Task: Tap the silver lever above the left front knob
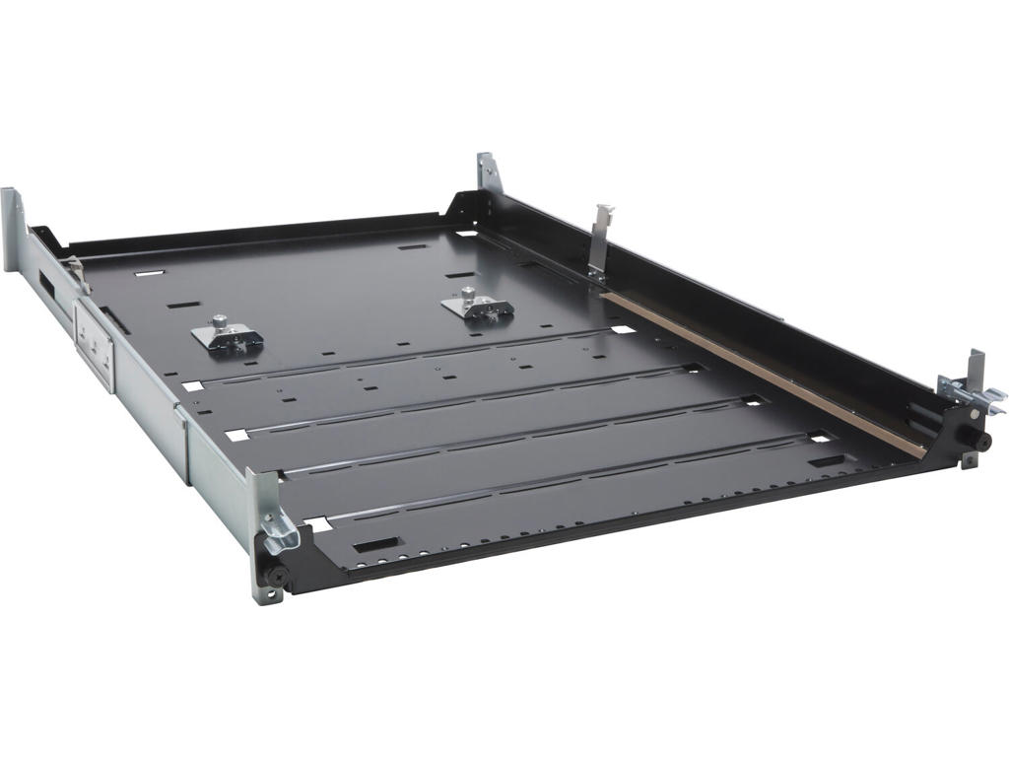278,532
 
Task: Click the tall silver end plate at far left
13,229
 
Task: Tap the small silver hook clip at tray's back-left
76,275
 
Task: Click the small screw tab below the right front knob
970,460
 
